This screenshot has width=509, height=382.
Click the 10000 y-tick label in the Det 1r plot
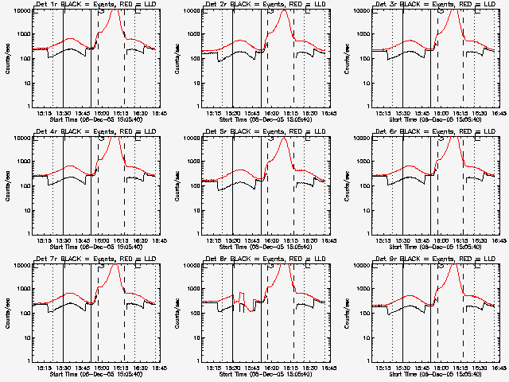click(x=20, y=11)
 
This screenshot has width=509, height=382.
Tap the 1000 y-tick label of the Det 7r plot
click(x=22, y=289)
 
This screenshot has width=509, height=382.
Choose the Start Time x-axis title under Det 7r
click(x=95, y=375)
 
